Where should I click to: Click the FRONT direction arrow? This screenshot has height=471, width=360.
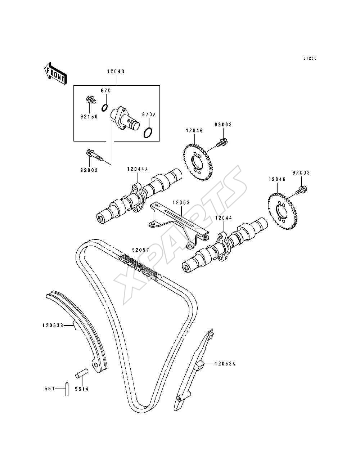tap(55, 73)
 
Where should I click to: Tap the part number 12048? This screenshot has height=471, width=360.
tap(116, 71)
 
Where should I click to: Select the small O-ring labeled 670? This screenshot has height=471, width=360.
tap(104, 108)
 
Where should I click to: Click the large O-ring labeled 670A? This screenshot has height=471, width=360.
tap(148, 133)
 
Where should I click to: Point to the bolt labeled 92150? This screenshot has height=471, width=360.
tap(91, 100)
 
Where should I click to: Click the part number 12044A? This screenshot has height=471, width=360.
tap(137, 169)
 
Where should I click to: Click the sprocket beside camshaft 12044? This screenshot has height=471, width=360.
tap(283, 211)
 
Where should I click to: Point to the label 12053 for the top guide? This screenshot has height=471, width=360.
tap(181, 203)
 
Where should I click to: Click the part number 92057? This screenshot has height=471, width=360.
tap(140, 250)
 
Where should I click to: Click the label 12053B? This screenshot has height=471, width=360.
tap(53, 326)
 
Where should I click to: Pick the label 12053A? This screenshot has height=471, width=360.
tap(225, 364)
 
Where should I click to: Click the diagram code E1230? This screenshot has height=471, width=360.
tap(310, 58)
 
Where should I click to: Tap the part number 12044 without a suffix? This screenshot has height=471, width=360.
tap(224, 218)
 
